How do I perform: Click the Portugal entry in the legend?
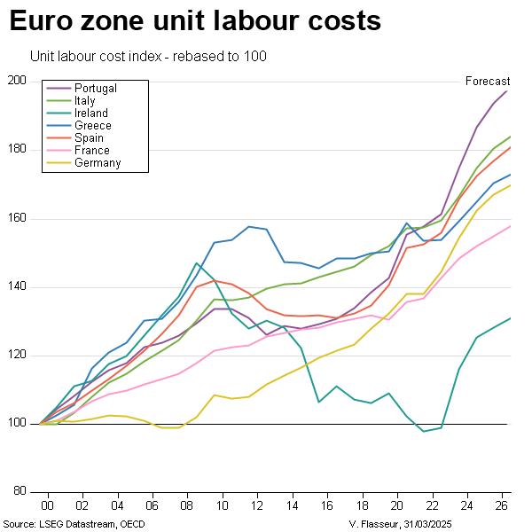(96, 89)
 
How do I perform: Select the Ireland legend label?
(91, 113)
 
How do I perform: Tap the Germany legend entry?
(98, 163)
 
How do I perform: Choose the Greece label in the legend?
(93, 126)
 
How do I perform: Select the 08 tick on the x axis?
(184, 504)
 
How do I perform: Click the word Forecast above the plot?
(488, 82)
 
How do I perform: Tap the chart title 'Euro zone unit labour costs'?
(195, 21)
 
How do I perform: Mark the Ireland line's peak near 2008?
(196, 262)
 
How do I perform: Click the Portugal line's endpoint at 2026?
(507, 90)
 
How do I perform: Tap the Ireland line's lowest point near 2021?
(424, 431)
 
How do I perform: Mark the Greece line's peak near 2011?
(249, 226)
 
